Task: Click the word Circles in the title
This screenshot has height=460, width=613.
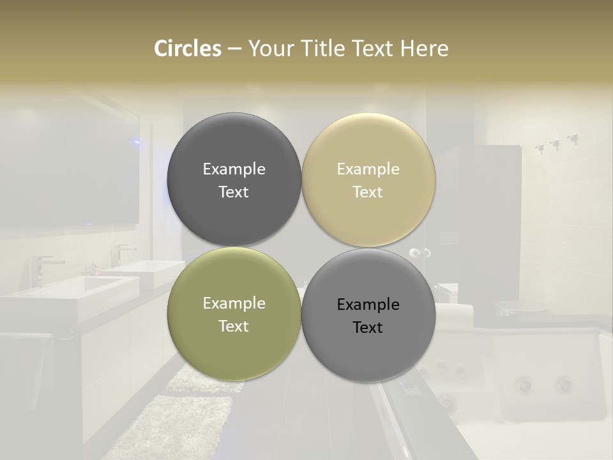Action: coord(188,49)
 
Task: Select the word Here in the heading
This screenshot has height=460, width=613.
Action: coord(424,49)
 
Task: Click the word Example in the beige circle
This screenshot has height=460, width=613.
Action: coord(368,169)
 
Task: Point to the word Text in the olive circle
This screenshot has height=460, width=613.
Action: coord(234,326)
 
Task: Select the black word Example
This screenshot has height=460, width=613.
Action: coord(368,305)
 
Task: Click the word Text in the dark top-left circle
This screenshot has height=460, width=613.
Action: coord(234,192)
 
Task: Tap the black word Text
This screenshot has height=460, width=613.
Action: coord(368,327)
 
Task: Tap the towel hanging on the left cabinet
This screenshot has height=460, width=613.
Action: coord(26,371)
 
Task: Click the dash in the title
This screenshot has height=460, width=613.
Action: coord(234,49)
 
